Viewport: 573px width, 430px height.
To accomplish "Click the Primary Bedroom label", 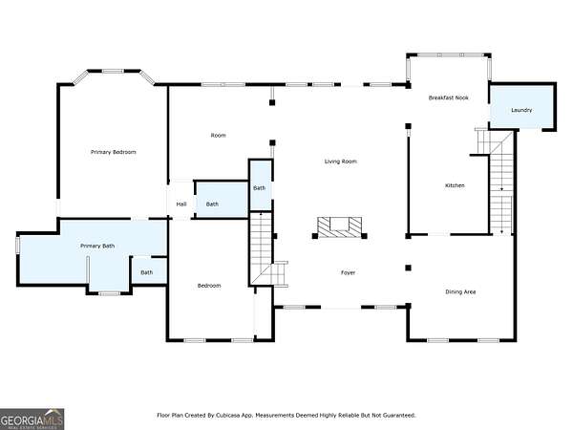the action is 114,152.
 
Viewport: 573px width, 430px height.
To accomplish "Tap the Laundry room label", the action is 521,110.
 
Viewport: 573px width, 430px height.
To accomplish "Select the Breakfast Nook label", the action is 449,97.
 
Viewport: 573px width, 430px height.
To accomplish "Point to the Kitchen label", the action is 455,185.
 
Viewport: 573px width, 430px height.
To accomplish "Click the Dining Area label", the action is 460,291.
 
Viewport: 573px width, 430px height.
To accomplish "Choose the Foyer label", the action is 348,272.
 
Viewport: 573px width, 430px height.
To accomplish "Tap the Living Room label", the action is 341,161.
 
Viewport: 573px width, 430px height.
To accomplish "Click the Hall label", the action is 181,204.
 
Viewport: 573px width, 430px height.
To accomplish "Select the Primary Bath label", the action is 97,246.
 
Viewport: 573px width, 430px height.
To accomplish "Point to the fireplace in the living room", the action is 339,227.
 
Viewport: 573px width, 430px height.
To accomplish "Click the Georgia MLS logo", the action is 32,419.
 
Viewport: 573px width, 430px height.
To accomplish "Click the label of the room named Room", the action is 218,136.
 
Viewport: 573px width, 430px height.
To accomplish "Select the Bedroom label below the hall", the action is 209,286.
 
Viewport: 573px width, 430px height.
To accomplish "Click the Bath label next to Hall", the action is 212,204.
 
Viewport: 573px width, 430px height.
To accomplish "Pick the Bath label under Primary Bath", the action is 146,272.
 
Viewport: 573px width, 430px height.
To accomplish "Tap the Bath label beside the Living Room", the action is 260,188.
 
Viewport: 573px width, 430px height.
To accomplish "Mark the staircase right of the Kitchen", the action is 500,182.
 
